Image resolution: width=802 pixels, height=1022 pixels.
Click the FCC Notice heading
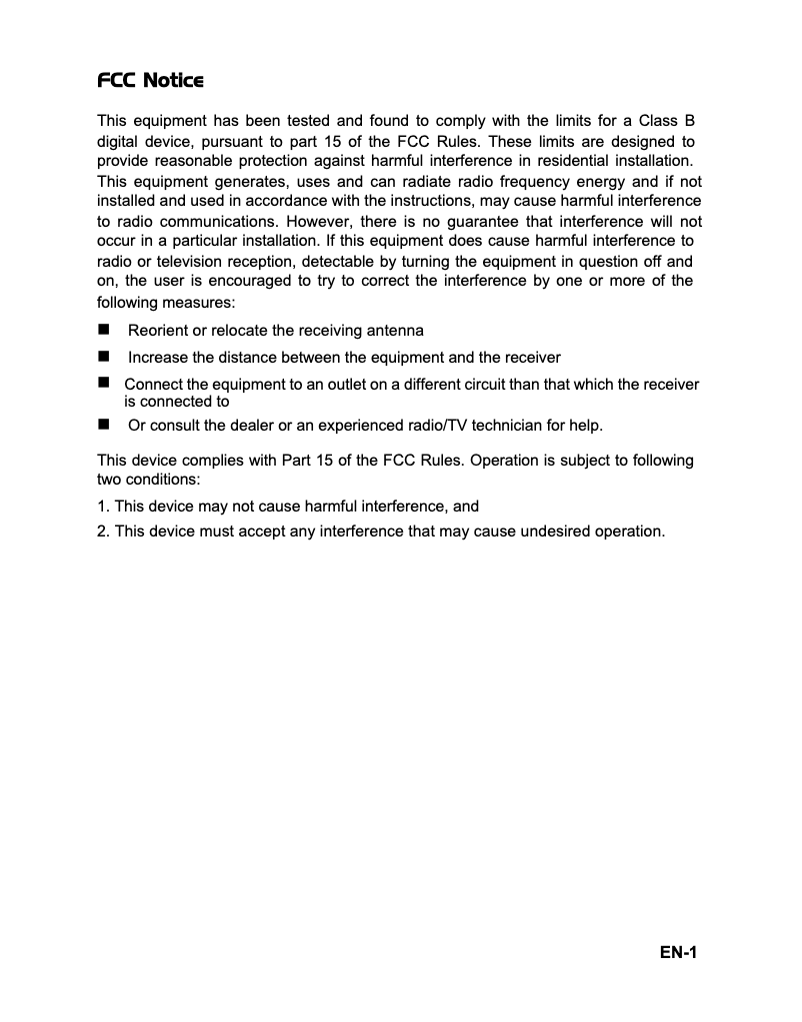click(151, 80)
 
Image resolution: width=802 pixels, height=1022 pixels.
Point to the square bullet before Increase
click(103, 357)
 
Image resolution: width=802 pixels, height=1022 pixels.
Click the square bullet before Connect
click(103, 384)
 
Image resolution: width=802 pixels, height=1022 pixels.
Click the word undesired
click(556, 531)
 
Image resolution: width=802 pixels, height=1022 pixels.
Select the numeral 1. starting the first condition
click(103, 507)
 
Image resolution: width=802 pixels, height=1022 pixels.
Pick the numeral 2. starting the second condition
click(103, 531)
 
